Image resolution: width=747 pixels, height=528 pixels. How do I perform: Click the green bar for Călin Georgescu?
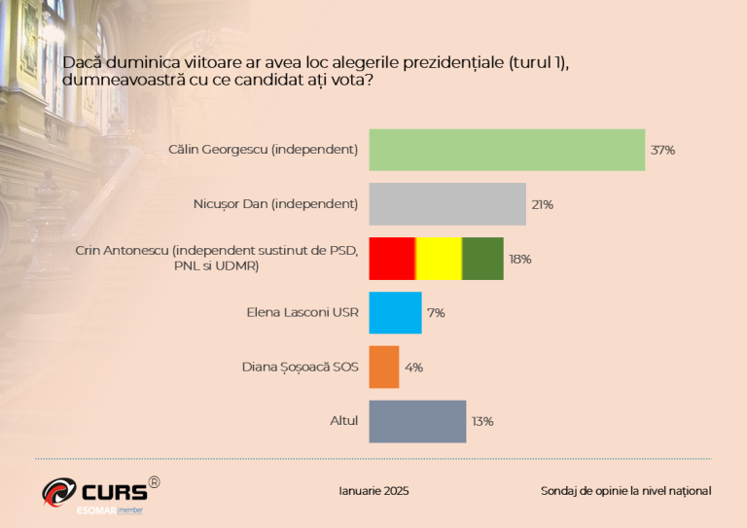506,150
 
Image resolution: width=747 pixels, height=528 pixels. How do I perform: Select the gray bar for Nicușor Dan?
446,204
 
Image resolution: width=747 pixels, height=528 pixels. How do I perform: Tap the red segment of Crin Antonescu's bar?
392,259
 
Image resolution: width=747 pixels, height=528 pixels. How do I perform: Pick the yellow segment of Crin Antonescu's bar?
439,259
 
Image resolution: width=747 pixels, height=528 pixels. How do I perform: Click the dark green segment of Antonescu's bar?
482,259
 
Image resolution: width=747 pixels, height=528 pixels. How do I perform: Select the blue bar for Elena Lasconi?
395,313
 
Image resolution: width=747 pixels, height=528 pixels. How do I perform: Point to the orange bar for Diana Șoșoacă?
383,368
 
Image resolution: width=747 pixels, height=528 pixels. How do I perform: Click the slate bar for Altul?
416,421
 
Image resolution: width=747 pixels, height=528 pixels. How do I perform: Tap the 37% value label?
663,151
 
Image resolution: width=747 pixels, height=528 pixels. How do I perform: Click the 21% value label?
542,205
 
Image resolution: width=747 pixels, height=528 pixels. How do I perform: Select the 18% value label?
520,260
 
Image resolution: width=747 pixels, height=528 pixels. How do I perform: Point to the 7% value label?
436,313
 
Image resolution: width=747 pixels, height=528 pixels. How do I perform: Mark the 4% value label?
413,368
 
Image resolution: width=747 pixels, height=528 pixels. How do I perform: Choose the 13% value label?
482,422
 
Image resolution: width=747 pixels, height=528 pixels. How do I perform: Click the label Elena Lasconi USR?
302,313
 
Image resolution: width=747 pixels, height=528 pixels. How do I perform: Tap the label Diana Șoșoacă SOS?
300,368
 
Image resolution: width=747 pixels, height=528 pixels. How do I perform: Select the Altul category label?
344,421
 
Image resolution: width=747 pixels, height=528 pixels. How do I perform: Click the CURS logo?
97,491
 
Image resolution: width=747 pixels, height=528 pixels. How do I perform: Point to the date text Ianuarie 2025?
373,491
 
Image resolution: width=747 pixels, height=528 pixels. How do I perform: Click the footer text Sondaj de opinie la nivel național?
625,491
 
